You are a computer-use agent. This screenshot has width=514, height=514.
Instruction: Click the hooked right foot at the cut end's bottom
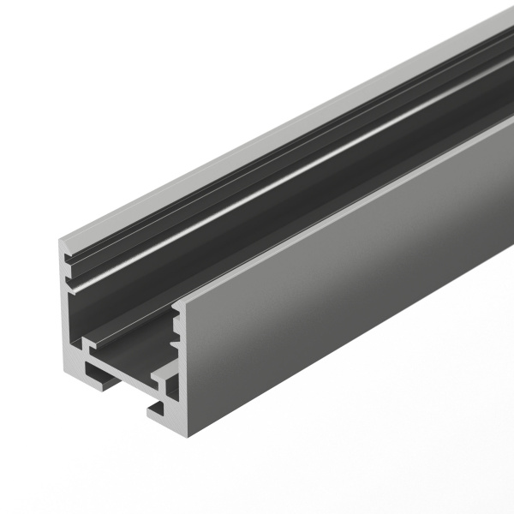(x=163, y=411)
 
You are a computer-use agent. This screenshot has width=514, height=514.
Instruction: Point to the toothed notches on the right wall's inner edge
(x=177, y=330)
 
